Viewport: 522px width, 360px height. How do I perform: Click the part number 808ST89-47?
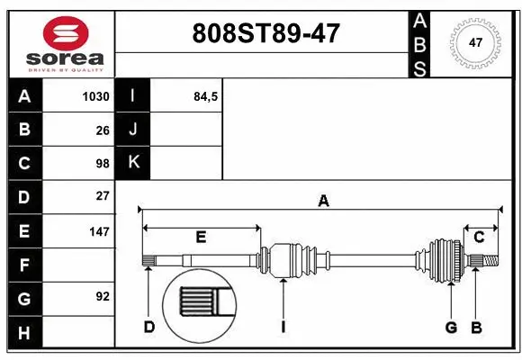pyautogui.click(x=267, y=33)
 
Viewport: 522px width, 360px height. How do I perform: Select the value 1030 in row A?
pyautogui.click(x=95, y=96)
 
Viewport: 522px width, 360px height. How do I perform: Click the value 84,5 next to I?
pyautogui.click(x=206, y=96)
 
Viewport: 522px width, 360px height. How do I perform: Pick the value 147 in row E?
pyautogui.click(x=98, y=231)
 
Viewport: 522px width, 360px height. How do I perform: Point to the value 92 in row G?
pyautogui.click(x=102, y=296)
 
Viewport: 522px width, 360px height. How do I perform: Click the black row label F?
pyautogui.click(x=24, y=265)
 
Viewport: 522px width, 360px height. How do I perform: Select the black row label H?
pyautogui.click(x=24, y=333)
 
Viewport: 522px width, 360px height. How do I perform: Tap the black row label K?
pyautogui.click(x=133, y=163)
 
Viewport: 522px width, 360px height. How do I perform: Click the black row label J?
pyautogui.click(x=133, y=130)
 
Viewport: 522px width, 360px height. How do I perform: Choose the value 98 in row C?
pyautogui.click(x=102, y=164)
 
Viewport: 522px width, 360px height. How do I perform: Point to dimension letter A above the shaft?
pyautogui.click(x=323, y=202)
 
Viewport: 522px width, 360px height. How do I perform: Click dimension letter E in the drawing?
pyautogui.click(x=201, y=238)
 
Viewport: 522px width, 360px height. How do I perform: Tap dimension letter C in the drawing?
pyautogui.click(x=479, y=237)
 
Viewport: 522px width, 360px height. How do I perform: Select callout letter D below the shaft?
pyautogui.click(x=149, y=327)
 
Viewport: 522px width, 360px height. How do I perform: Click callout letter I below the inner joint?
pyautogui.click(x=283, y=327)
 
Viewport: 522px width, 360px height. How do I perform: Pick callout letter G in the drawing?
pyautogui.click(x=452, y=327)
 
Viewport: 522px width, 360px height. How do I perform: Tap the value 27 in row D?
pyautogui.click(x=102, y=195)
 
